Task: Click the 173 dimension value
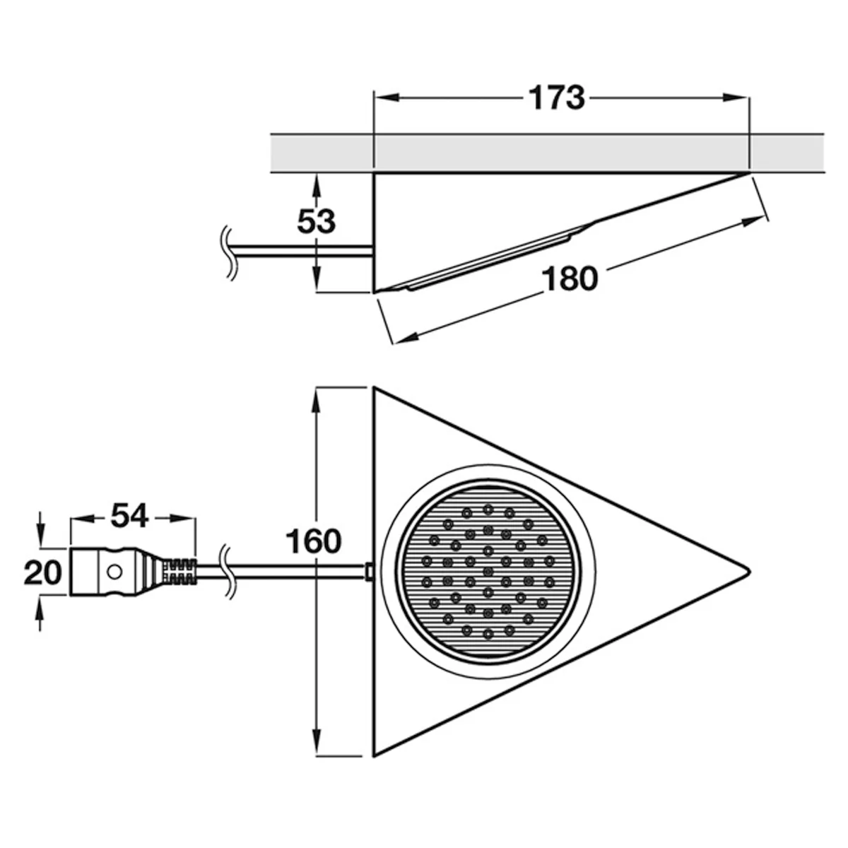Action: tap(557, 98)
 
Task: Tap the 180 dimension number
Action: tap(570, 279)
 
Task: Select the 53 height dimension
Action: tap(316, 221)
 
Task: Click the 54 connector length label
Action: tap(129, 516)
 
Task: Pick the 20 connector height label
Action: tap(42, 573)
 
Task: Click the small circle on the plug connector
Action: tap(114, 572)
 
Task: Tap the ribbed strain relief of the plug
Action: tap(179, 572)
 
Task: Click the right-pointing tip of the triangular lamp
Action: tap(750, 572)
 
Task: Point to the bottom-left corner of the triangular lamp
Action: tap(374, 757)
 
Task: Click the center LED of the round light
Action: tap(488, 572)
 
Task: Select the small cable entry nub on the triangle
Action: tap(370, 572)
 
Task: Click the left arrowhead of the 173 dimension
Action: tap(386, 98)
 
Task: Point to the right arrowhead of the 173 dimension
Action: tap(736, 98)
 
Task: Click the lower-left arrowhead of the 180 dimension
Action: tap(404, 338)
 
